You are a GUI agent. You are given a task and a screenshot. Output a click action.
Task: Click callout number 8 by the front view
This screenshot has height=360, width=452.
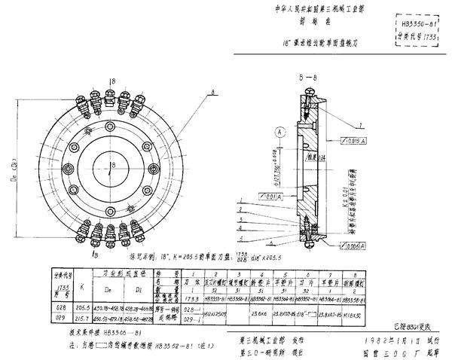215,91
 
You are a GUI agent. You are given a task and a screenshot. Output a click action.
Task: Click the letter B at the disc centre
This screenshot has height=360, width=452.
111,166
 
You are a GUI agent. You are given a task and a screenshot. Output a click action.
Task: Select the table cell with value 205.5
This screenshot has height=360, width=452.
70,308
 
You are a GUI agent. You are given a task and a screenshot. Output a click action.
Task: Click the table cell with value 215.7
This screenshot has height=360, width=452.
70,319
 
